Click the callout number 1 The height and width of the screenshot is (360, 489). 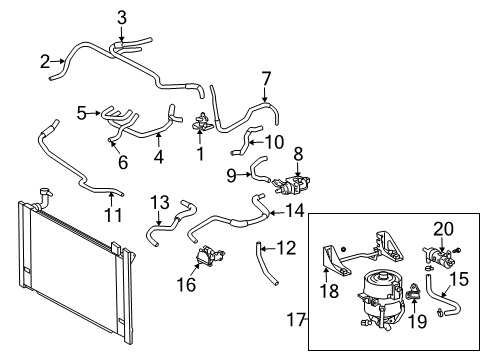tap(200, 155)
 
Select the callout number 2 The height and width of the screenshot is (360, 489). tap(45, 62)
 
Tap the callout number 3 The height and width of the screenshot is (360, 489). tap(122, 16)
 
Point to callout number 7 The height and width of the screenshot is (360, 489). tap(266, 78)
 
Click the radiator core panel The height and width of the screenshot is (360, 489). tap(70, 270)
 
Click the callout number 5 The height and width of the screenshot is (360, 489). tap(82, 113)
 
